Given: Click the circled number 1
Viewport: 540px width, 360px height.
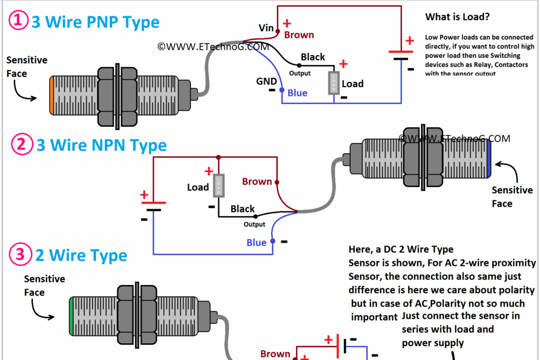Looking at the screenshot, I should [x=17, y=21].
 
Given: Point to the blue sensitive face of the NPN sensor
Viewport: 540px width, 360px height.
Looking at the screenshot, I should [x=490, y=158].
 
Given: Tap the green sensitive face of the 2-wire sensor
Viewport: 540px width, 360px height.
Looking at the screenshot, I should [x=71, y=316].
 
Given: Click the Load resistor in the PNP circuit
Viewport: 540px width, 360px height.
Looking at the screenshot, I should [x=334, y=83].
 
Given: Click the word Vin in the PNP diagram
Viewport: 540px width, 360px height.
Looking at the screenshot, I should [x=266, y=27].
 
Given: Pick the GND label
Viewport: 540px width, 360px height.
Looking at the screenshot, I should [x=267, y=81].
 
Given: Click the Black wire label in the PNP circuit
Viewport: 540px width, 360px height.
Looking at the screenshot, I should [x=312, y=57].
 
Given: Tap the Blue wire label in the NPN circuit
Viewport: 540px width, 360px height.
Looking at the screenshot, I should [x=256, y=242].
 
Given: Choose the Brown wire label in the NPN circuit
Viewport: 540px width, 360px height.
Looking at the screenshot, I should [x=257, y=181].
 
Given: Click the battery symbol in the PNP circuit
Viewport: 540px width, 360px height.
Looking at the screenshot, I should [x=401, y=55].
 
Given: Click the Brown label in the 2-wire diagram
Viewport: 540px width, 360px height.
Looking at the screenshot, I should [x=275, y=354].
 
